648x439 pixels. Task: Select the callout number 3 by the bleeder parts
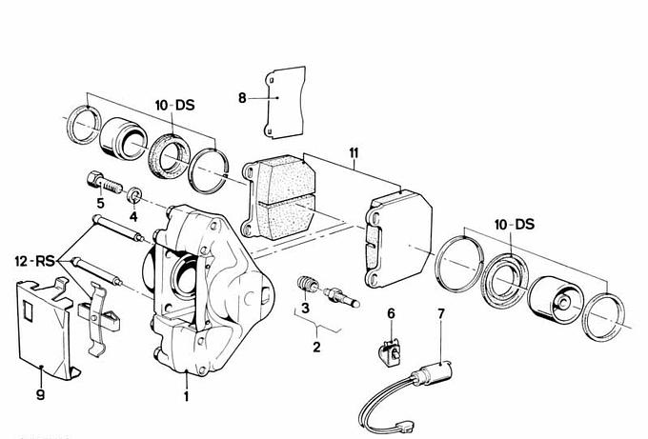[x=303, y=308]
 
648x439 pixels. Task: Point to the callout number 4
[x=133, y=217]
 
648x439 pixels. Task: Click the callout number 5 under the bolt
[x=99, y=203]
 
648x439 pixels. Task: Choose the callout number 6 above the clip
[x=390, y=313]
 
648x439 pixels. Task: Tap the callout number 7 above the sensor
[x=440, y=313]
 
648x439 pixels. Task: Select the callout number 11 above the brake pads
[x=354, y=152]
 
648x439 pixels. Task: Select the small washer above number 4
[x=135, y=196]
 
